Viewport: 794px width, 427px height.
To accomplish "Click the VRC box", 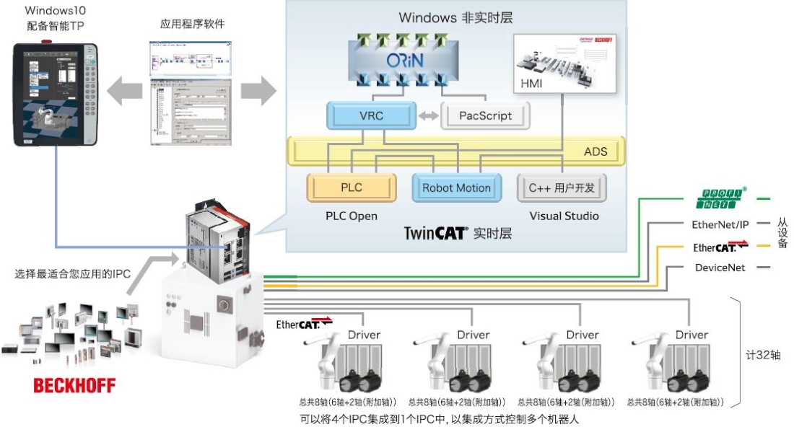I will [x=371, y=115].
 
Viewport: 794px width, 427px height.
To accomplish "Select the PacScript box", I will [x=485, y=115].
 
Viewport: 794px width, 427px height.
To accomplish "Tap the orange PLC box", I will [x=352, y=188].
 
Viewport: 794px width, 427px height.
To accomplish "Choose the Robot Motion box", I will [x=456, y=188].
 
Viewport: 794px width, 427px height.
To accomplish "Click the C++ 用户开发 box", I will [x=562, y=188].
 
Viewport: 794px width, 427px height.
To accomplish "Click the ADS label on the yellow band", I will [x=595, y=151].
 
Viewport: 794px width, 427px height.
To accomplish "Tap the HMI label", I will [x=532, y=84].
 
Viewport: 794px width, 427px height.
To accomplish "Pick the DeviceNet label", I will [x=720, y=268].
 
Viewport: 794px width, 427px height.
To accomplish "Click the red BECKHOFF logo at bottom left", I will [x=74, y=385].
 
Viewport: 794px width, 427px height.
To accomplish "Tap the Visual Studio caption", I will [x=564, y=216].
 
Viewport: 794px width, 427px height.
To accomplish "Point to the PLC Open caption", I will [x=352, y=216].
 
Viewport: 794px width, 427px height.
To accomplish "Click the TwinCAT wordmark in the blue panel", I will [x=435, y=233].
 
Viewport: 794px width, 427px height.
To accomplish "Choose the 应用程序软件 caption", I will [x=192, y=24].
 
